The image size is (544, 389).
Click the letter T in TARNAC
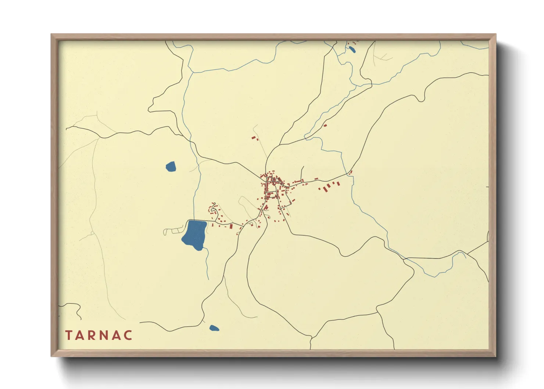pos(69,335)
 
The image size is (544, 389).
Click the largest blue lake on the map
pos(195,235)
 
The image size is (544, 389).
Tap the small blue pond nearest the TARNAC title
pos(214,328)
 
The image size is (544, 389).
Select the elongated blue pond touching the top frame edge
pos(352,49)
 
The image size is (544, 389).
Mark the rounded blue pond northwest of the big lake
pos(171,167)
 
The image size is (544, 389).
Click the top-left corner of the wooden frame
pos(51,35)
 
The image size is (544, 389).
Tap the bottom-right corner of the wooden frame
pos(495,356)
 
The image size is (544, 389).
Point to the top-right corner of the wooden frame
pos(495,35)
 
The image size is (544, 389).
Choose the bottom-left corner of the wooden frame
pos(51,356)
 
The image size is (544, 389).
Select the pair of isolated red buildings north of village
pos(254,138)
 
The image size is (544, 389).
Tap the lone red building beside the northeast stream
pos(325,126)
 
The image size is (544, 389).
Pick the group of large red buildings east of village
pos(329,186)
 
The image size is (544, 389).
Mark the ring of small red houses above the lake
pos(213,209)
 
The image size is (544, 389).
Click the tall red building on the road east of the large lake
pos(231,226)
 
